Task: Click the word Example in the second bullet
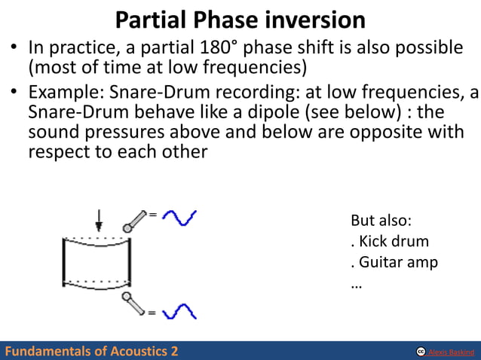tap(60, 93)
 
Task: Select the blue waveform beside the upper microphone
tap(179, 218)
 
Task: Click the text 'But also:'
tap(381, 221)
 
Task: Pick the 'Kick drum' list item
tap(390, 242)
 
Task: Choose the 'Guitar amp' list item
tap(394, 264)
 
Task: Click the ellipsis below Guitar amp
tap(357, 285)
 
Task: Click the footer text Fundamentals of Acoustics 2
tap(91, 351)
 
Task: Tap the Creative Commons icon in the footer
tap(421, 352)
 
